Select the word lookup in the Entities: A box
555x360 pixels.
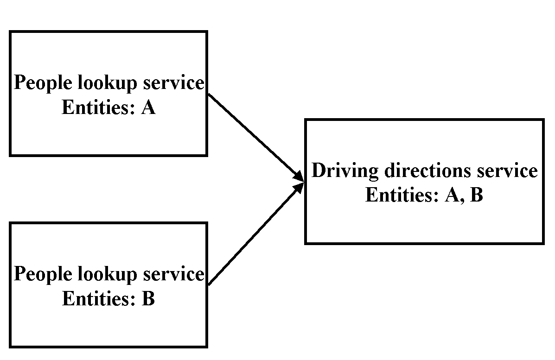(x=106, y=84)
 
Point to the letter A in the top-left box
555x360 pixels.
(x=148, y=108)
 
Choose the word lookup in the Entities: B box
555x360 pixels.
(x=106, y=274)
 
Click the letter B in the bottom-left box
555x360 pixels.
(x=148, y=299)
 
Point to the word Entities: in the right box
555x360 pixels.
(x=402, y=195)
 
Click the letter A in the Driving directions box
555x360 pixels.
(x=453, y=195)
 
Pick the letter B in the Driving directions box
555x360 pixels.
(x=476, y=195)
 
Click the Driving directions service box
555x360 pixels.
(x=424, y=222)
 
